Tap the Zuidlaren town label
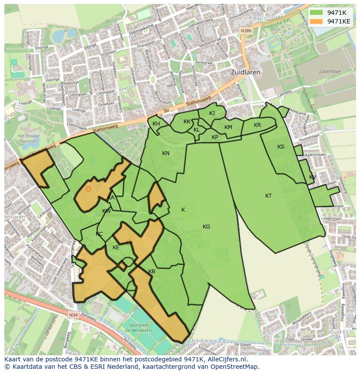click(245, 73)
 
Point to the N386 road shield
click(246, 31)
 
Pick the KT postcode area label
click(268, 196)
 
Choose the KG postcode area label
click(206, 226)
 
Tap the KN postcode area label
click(166, 153)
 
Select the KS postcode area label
click(281, 147)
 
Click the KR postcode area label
click(257, 125)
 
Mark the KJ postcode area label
click(212, 113)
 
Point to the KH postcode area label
click(156, 124)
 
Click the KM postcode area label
click(228, 127)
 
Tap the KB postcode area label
click(152, 271)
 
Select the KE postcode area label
click(116, 248)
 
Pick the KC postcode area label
click(99, 234)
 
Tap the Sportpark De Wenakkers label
click(141, 328)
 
